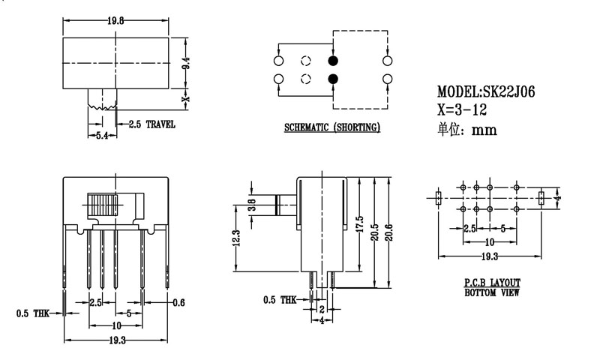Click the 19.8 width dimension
[115, 21]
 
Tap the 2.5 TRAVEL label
[152, 124]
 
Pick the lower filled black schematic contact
[333, 79]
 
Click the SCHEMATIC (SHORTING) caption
[331, 127]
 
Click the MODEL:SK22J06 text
[486, 91]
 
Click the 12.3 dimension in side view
[235, 239]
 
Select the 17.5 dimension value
[361, 226]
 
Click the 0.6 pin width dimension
[178, 302]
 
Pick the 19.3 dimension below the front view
[116, 340]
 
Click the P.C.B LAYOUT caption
[492, 283]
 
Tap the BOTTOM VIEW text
[492, 292]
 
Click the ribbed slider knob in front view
[103, 205]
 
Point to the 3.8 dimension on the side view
[253, 204]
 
